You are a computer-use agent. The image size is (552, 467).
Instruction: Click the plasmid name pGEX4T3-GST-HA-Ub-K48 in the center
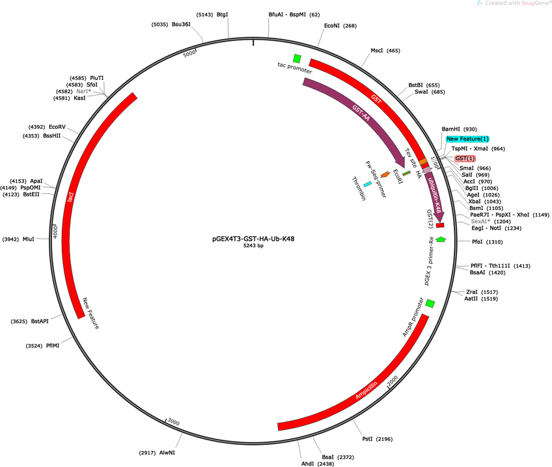(253, 239)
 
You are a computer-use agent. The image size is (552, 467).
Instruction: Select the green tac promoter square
(297, 59)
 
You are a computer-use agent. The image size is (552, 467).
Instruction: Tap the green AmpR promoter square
(430, 303)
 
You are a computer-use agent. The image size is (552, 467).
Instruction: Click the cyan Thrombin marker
(367, 184)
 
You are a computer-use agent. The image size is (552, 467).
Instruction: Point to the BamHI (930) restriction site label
(460, 129)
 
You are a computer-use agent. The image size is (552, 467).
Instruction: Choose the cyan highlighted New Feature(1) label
(467, 139)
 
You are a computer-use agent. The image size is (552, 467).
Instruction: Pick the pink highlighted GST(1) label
(465, 158)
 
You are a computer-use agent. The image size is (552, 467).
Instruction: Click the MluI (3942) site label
(18, 239)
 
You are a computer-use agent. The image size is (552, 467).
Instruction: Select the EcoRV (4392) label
(47, 127)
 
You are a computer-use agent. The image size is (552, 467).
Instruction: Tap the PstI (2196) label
(378, 439)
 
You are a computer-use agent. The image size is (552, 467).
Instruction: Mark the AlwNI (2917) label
(157, 453)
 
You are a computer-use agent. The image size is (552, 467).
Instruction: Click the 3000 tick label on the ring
(174, 421)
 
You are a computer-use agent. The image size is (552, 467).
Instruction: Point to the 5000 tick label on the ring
(189, 53)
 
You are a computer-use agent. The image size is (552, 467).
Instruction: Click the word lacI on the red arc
(70, 196)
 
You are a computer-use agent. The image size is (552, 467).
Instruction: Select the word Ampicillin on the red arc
(366, 390)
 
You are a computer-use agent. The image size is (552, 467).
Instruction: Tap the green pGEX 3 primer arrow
(441, 239)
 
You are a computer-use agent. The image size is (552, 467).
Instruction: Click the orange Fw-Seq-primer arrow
(385, 174)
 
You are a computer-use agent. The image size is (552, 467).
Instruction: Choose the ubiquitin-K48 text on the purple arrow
(434, 195)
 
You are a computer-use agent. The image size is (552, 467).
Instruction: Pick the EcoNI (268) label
(340, 25)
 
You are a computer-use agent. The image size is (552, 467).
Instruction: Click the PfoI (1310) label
(487, 242)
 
